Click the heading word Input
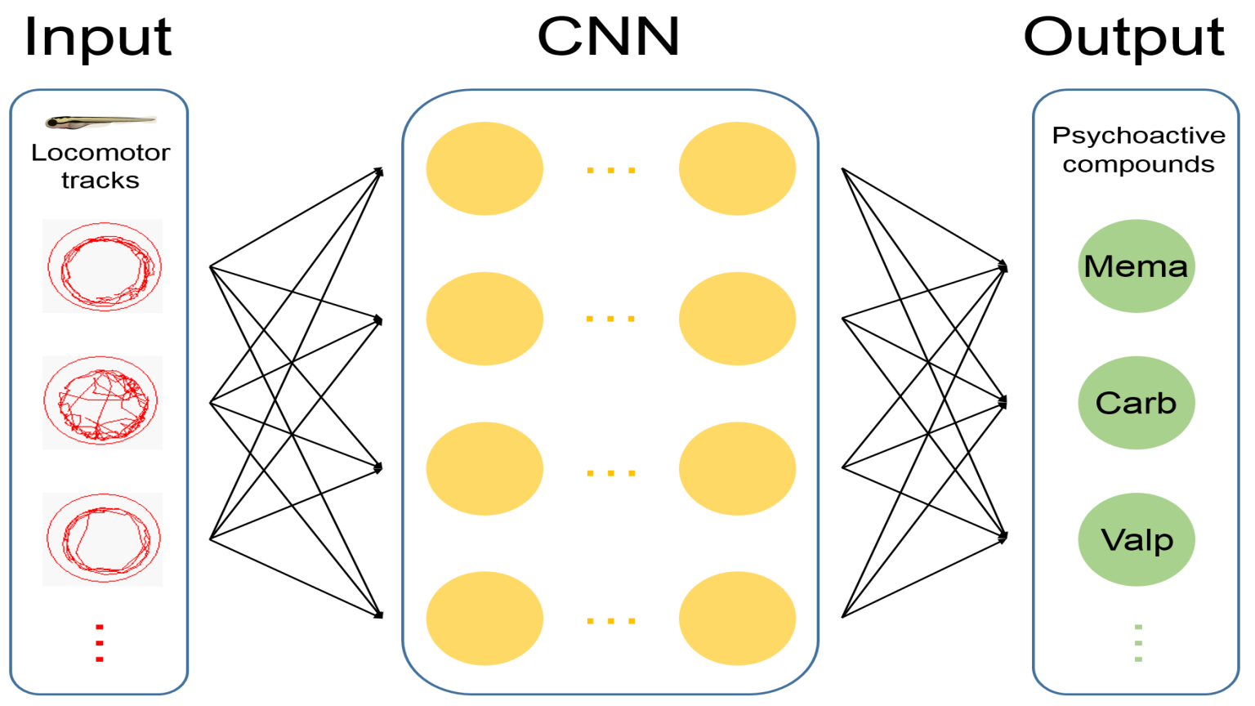click(98, 37)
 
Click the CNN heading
click(609, 37)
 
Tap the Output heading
click(1123, 37)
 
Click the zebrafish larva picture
click(100, 122)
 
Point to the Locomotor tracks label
click(100, 166)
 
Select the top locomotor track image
click(103, 266)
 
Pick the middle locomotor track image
click(103, 402)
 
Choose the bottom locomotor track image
click(103, 538)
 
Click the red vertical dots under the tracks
click(100, 643)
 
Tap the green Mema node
click(1136, 266)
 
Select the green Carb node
click(1136, 402)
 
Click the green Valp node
click(1136, 539)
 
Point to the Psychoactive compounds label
click(1138, 150)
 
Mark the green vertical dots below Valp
click(1138, 643)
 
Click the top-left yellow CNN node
click(485, 168)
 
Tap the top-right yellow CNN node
click(737, 168)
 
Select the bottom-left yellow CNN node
click(485, 619)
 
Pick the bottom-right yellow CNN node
click(737, 619)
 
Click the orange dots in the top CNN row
click(610, 170)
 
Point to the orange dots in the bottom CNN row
click(610, 621)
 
